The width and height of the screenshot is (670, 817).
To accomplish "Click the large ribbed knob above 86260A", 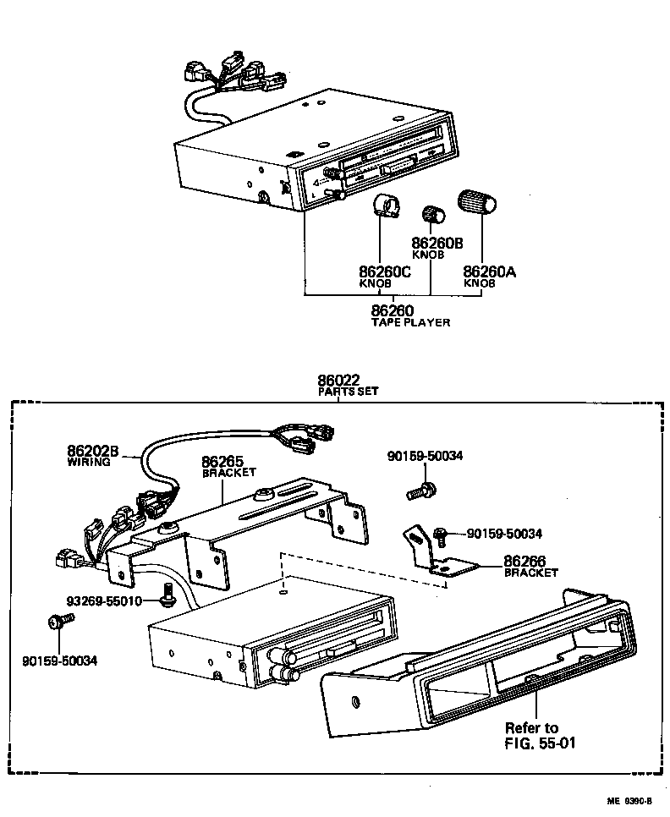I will click(475, 204).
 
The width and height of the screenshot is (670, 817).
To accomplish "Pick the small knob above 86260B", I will click(433, 217).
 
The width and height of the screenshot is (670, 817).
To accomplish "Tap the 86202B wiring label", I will click(94, 452).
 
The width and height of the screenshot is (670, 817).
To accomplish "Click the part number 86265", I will click(222, 462).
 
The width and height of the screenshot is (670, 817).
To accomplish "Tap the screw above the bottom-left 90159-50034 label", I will click(59, 623).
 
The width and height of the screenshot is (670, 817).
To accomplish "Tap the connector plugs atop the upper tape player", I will click(233, 74).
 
